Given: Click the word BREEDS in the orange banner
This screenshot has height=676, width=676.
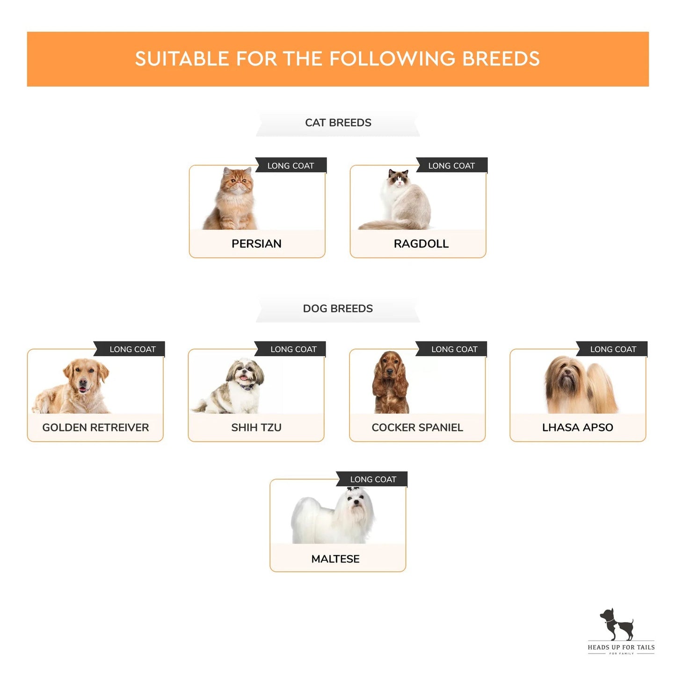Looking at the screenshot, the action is pos(501,58).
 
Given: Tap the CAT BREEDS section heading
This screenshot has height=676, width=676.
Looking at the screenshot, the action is pos(338,123).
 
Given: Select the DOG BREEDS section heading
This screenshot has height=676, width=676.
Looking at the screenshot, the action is pos(338,309).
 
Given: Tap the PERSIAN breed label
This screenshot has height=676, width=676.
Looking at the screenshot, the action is pos(256,244).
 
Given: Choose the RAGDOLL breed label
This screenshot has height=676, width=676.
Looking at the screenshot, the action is pos(421,244).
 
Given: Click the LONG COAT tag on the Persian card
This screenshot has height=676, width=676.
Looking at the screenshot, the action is pos(291,166).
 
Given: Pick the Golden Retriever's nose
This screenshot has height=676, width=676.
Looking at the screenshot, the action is pos(83,382).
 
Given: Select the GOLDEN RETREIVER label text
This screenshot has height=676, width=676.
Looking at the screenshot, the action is pos(95,428).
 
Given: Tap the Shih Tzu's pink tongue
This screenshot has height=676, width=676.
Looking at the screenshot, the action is pos(243,378).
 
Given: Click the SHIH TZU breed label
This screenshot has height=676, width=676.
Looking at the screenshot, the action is pos(256,428).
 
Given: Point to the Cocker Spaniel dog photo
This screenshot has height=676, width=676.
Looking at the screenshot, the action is pos(391,382).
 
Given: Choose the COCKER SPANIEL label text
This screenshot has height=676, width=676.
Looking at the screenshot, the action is pos(417,428).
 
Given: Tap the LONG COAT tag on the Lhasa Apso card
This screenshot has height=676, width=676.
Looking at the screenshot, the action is pos(612,349).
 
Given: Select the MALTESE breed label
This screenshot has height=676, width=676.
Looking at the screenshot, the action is pos(335,559).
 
